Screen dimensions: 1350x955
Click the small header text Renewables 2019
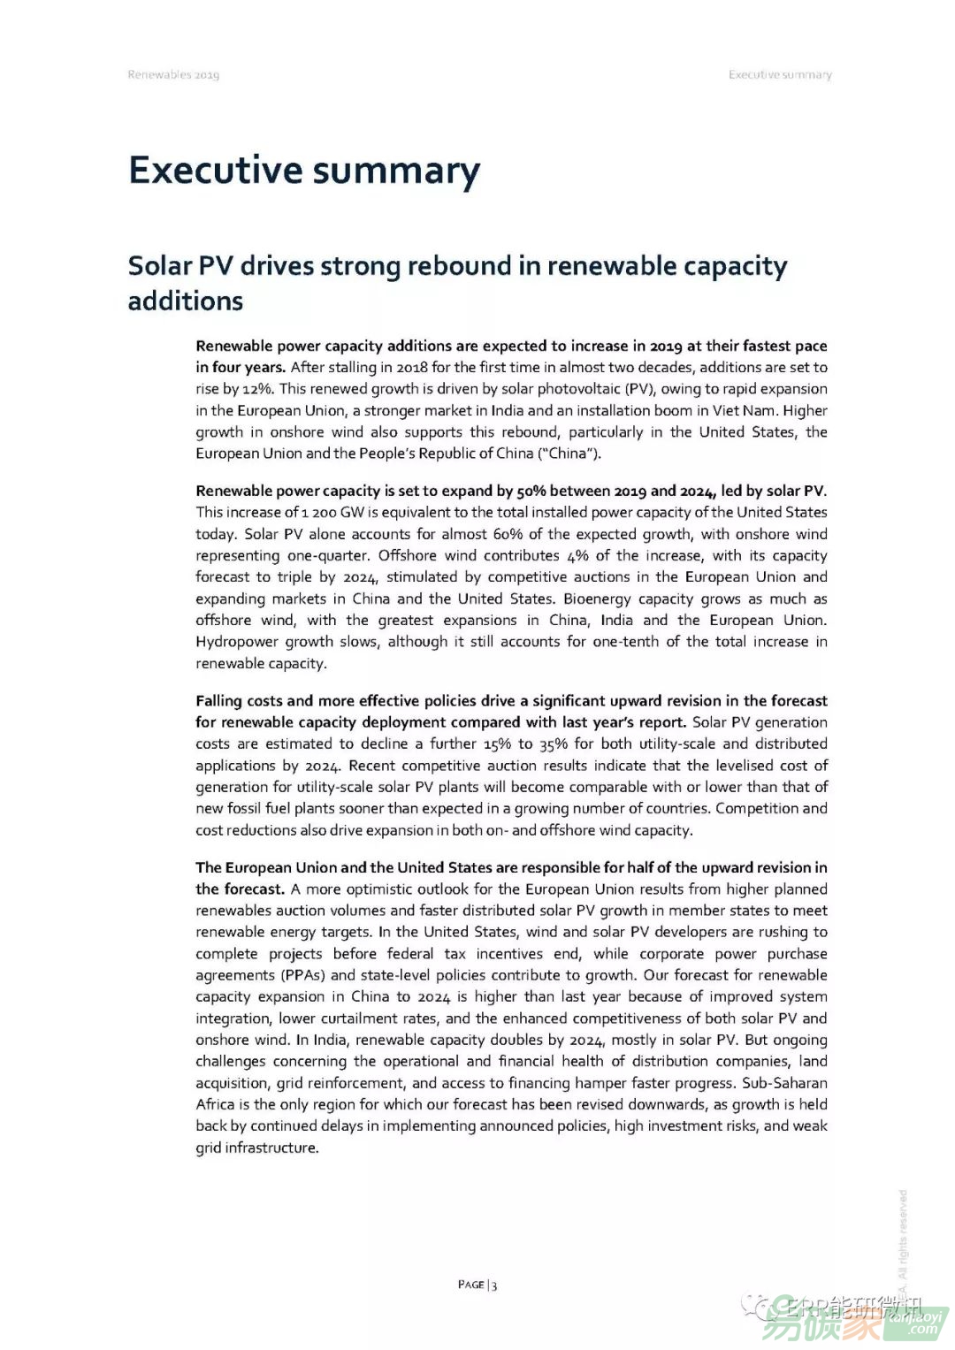173,75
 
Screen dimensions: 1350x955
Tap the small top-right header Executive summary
780,75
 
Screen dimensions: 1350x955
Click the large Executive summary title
304,171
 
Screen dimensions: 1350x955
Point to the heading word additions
186,301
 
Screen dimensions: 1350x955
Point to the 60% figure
508,534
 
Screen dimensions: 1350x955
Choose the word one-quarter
327,556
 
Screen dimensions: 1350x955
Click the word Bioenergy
597,599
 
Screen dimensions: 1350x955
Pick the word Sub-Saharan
784,1083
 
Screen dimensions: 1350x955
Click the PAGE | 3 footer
477,1285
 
